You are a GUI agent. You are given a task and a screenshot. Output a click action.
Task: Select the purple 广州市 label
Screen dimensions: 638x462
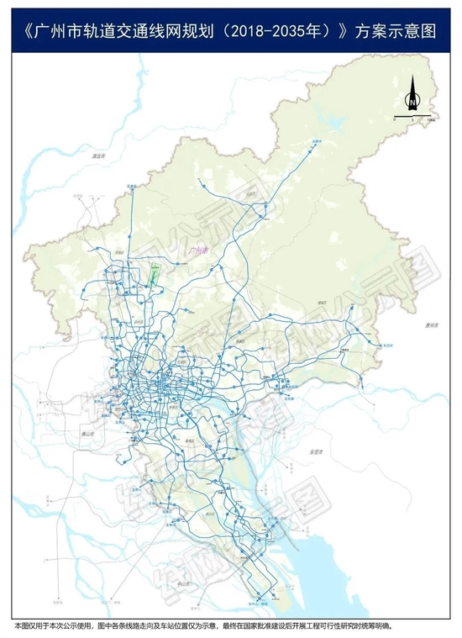tap(200, 250)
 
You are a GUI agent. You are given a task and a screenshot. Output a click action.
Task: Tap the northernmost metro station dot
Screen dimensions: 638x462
tap(318, 145)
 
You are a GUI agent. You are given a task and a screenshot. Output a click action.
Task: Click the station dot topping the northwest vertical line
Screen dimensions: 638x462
tap(130, 188)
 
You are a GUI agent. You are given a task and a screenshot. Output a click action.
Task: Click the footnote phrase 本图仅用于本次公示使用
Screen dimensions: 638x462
tap(50, 626)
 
